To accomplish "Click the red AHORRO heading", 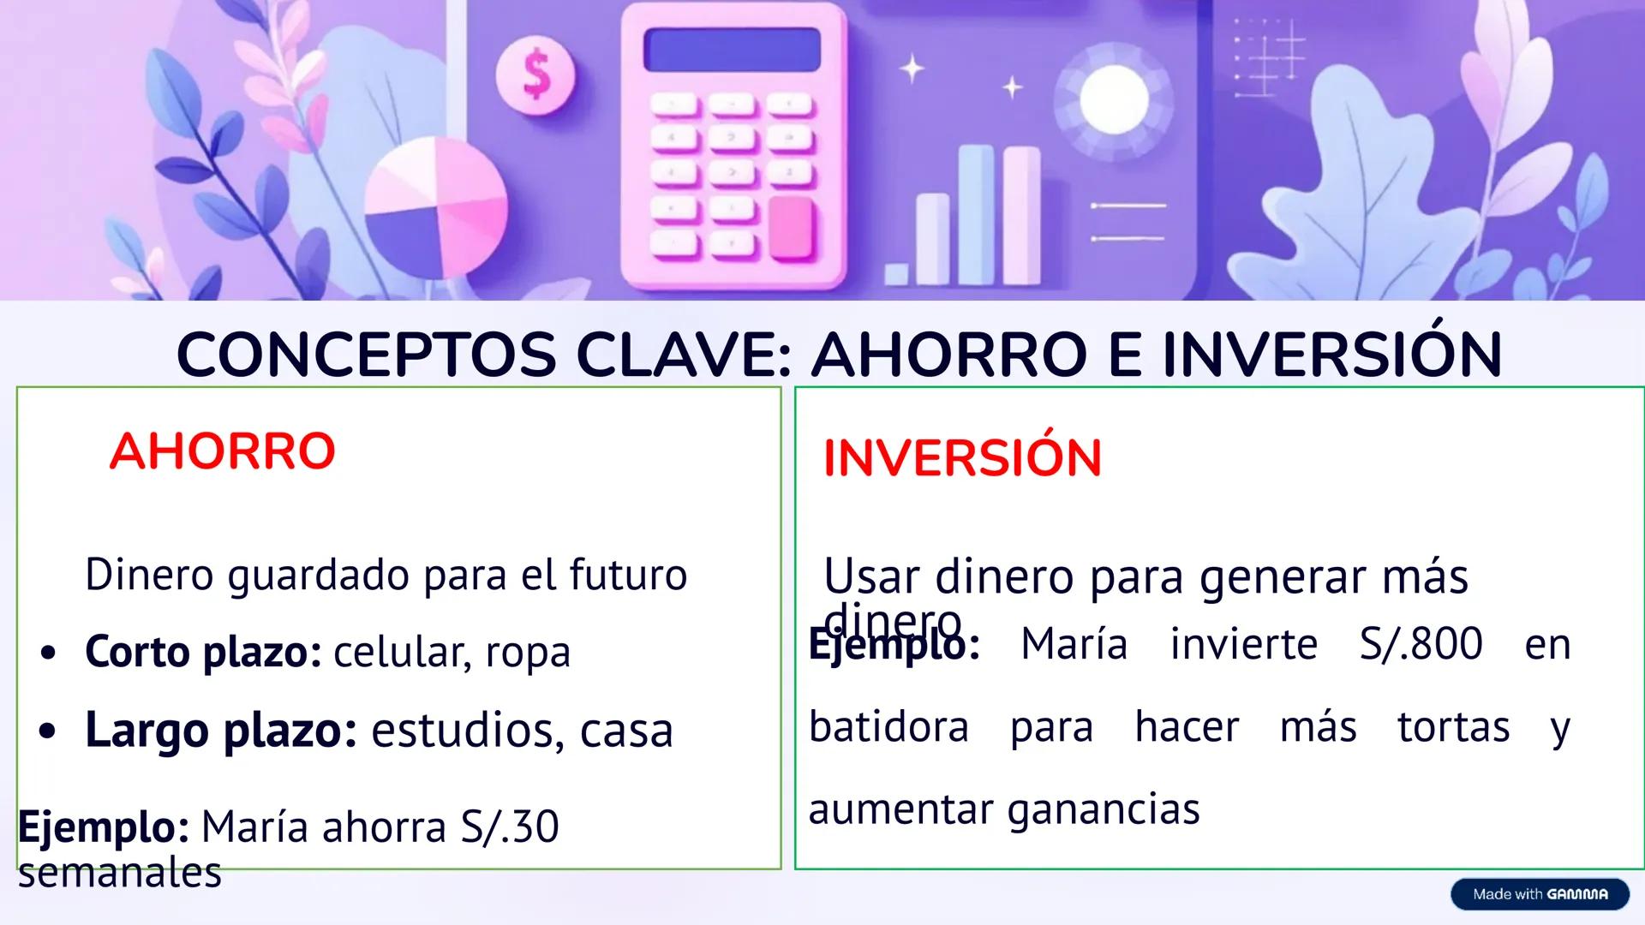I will coord(222,451).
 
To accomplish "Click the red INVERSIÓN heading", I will coord(961,458).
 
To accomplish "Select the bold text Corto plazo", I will coord(203,653).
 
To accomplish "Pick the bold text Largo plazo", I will coord(220,731).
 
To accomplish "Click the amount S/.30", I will coord(510,827).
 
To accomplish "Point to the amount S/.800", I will coord(1421,644).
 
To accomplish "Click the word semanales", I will coord(120,873).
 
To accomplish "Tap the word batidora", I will coord(888,727).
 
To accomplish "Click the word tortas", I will coord(1453,727).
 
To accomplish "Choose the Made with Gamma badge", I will coord(1540,894).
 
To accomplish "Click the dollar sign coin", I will coord(536,75).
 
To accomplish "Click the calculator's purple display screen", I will coord(732,50).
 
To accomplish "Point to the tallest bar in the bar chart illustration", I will coord(976,214).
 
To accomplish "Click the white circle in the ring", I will coord(1114,100).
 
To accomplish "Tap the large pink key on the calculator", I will coord(791,227).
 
